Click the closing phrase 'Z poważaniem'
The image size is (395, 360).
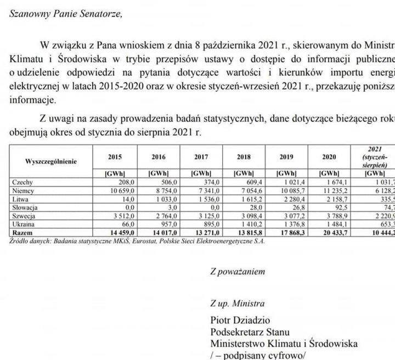coord(238,271)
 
